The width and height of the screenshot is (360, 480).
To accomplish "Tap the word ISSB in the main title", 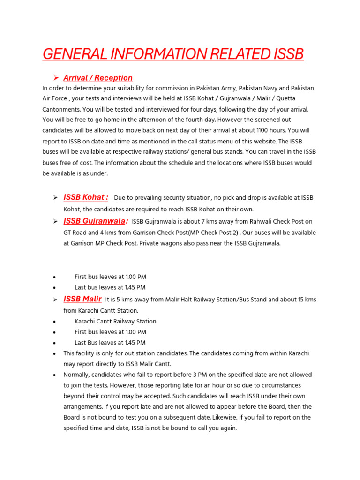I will pos(288,54).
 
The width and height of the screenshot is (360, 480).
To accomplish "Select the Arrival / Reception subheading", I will pos(98,78).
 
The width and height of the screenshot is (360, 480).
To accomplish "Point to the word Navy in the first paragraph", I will pos(268,88).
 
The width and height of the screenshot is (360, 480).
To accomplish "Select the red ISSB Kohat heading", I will pos(86,197).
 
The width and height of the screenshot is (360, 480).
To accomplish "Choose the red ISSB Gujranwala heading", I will pos(96,221).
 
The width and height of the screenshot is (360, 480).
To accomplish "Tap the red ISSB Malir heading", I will pos(82,299).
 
